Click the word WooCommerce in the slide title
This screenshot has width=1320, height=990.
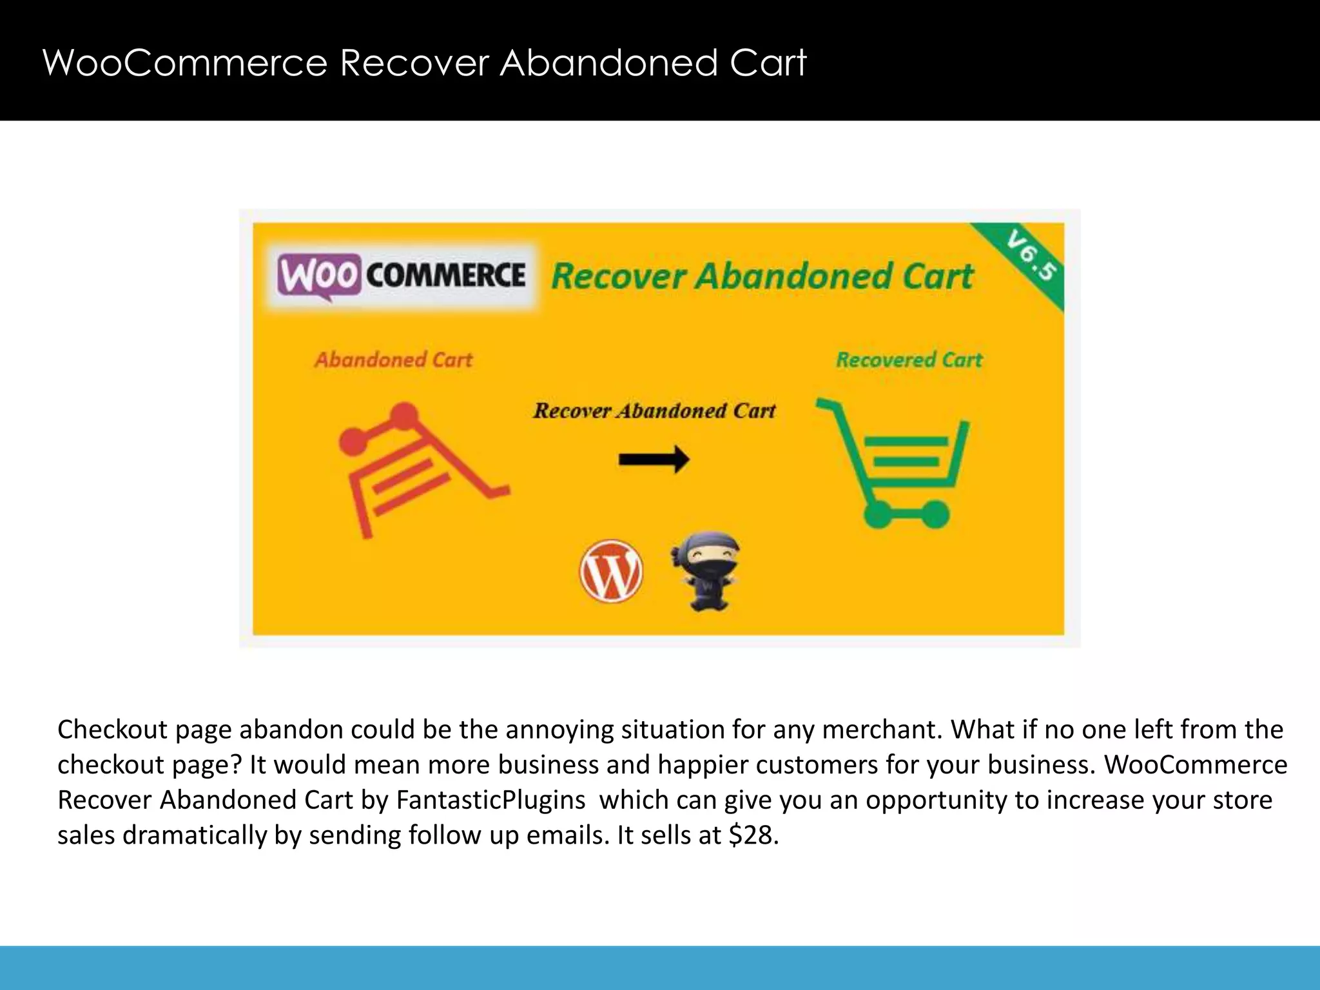coord(185,63)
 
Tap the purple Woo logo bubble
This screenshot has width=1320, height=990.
coord(317,277)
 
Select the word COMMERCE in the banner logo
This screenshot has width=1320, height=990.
coord(446,275)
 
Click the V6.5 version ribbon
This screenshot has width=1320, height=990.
coord(1031,257)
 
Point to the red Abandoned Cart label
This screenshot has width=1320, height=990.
coord(393,360)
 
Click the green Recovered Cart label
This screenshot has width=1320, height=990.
coord(909,360)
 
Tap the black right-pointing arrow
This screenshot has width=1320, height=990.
coord(654,460)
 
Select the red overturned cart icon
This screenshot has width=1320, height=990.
coord(412,464)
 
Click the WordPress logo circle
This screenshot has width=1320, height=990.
coord(610,572)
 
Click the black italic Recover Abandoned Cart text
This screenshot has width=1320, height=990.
coord(654,411)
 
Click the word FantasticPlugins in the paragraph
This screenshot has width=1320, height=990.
coord(490,800)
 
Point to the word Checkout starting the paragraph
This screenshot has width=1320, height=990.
coord(113,730)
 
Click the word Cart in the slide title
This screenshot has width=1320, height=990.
coord(768,63)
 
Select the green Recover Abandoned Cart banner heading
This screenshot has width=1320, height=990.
coord(762,276)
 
